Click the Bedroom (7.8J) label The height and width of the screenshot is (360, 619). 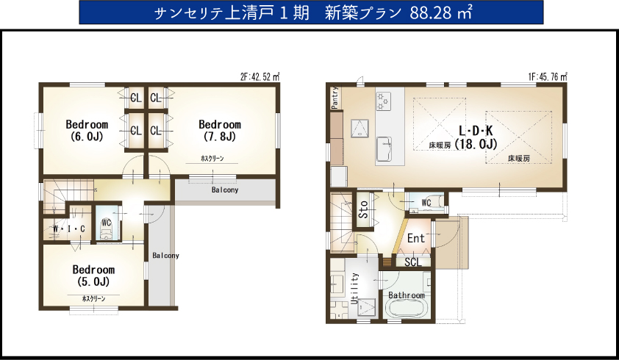tap(220, 131)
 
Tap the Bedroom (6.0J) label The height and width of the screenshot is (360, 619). tap(87, 131)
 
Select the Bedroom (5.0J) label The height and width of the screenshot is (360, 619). tap(93, 276)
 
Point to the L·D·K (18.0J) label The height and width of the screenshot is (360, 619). tap(476, 137)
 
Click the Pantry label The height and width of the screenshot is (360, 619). tap(335, 98)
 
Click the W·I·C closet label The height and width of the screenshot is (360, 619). tap(69, 229)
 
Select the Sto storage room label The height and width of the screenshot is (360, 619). tap(364, 209)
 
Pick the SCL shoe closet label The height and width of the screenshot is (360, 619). tap(413, 262)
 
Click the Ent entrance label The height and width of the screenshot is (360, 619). tap(415, 239)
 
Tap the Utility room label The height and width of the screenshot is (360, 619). tap(354, 288)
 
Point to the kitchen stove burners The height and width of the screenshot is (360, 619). tap(383, 101)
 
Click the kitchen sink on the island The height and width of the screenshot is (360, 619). tap(384, 149)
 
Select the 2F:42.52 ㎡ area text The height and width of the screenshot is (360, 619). tap(260, 77)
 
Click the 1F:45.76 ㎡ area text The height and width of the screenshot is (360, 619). tap(548, 77)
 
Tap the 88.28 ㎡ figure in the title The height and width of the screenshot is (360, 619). tap(440, 13)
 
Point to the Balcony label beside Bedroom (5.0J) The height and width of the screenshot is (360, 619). tap(166, 256)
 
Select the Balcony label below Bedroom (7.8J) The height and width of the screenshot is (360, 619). tap(225, 190)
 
